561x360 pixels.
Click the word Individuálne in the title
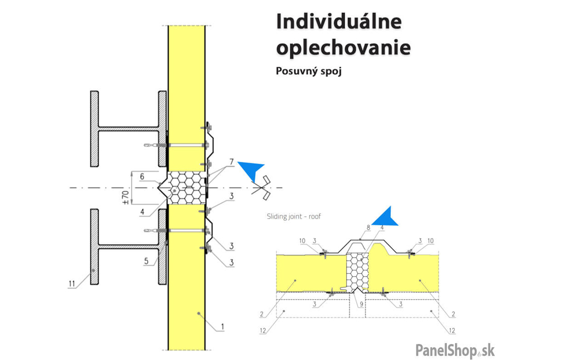[339, 22]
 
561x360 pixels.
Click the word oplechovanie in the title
[343, 48]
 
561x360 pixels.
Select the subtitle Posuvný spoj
[309, 71]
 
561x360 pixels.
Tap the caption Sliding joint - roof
[294, 216]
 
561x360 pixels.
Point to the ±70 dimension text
[126, 196]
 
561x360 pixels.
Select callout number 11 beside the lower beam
[71, 285]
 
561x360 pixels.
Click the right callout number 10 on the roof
[430, 241]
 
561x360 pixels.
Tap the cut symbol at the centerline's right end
[264, 188]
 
